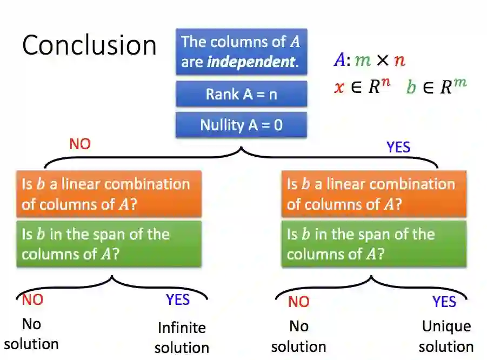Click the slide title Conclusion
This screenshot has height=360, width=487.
(89, 45)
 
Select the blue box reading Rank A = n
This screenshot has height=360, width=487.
(241, 94)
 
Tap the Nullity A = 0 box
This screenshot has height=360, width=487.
(241, 125)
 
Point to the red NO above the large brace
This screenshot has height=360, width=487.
(80, 144)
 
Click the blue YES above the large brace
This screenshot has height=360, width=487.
(398, 147)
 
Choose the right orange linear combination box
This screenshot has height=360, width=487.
(373, 194)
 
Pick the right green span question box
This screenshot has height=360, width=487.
(373, 244)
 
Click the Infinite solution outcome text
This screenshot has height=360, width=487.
(182, 337)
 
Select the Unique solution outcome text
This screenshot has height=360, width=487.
(446, 336)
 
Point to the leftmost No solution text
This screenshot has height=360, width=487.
(31, 334)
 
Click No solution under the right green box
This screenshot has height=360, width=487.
(298, 336)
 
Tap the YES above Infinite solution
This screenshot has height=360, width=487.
(178, 299)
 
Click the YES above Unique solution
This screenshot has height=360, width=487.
(444, 302)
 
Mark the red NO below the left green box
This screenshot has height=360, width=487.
(32, 299)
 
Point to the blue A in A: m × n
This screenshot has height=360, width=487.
(339, 59)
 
